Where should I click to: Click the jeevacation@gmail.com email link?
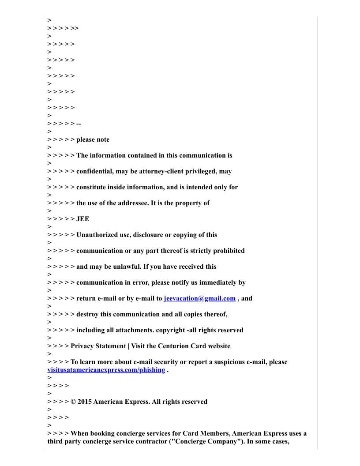[199, 298]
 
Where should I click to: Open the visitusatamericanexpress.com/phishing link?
[106, 370]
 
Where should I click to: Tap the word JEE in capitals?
[82, 219]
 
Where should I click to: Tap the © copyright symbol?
[73, 402]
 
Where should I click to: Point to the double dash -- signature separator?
[79, 124]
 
